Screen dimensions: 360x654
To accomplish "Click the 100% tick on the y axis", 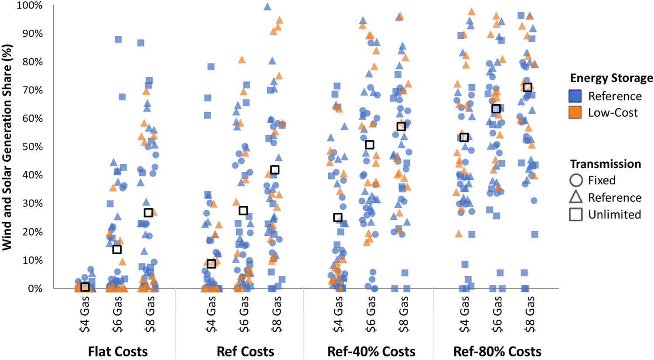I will pos(30,6).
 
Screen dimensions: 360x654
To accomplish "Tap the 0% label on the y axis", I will pos(35,289).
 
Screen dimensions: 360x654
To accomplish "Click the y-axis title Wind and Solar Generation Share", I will pos(7,147).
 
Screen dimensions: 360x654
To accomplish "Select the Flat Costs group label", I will pos(118,351).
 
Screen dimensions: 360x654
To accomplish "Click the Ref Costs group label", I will pos(245,351).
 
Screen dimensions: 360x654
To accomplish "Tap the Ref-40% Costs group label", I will pos(371,351).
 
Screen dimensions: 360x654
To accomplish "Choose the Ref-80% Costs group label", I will pos(497,351).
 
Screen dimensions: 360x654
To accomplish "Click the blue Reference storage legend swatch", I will pos(575,96).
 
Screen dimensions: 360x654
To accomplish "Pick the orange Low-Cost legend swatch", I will pos(575,112).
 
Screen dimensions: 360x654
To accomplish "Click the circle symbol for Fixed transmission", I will pos(576,180).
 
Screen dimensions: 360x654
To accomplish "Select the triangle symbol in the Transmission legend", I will pos(576,197).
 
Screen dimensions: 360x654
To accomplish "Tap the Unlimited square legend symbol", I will pos(576,214).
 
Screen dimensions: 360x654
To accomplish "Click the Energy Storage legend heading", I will pos(611,78).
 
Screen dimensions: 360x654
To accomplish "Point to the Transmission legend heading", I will pos(605,164).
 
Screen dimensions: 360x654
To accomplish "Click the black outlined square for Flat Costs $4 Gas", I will pos(85,287).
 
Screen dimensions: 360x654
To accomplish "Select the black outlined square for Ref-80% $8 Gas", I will pos(528,87).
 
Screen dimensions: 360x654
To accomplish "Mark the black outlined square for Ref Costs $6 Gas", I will pos(243,211).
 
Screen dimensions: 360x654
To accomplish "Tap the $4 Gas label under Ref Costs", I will pos(212,314).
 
